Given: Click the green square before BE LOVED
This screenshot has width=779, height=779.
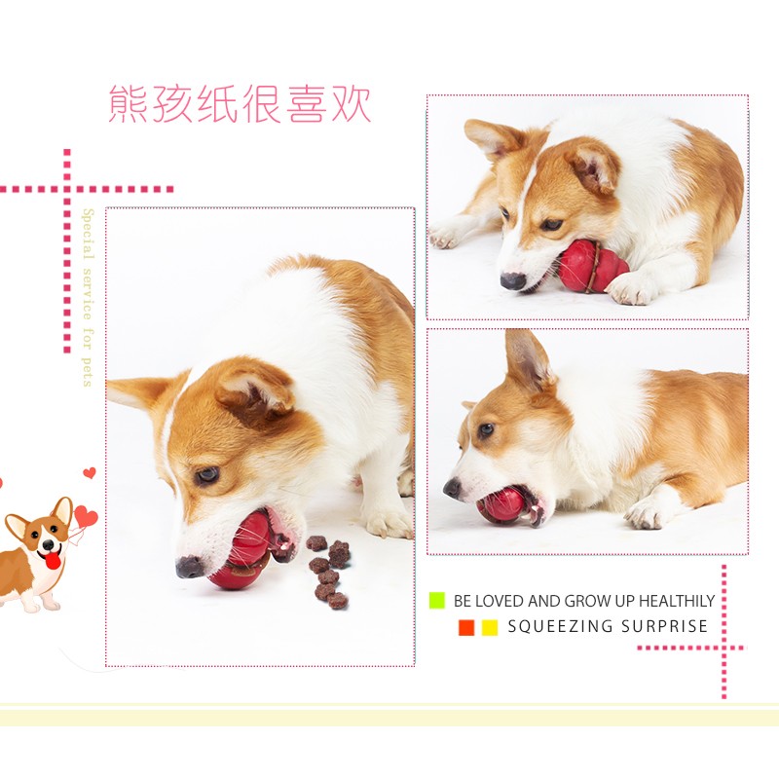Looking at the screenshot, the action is pyautogui.click(x=436, y=600).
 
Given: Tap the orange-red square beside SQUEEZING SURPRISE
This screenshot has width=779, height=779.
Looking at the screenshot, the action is pyautogui.click(x=466, y=627).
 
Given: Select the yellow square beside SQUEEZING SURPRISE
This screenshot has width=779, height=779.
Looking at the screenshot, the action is pyautogui.click(x=490, y=627).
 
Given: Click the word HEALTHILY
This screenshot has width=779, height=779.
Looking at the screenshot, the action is pyautogui.click(x=676, y=601).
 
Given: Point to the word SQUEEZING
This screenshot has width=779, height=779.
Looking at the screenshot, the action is pyautogui.click(x=560, y=626).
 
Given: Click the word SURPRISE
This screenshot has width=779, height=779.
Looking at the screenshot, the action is pyautogui.click(x=664, y=626).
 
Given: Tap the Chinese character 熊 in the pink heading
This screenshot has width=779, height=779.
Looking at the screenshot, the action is pyautogui.click(x=128, y=104).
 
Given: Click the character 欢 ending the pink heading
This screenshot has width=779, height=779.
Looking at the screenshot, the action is pyautogui.click(x=352, y=104).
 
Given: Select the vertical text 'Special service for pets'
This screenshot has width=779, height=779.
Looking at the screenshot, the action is pyautogui.click(x=88, y=297).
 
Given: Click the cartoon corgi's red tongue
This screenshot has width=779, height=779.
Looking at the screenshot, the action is pyautogui.click(x=54, y=561).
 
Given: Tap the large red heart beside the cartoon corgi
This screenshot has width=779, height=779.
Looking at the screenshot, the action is pyautogui.click(x=86, y=517).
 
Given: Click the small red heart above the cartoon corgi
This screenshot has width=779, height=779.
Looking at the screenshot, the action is pyautogui.click(x=90, y=472).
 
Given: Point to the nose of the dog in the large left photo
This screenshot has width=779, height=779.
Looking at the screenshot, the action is pyautogui.click(x=189, y=567).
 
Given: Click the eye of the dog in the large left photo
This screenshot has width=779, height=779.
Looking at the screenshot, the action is pyautogui.click(x=206, y=475).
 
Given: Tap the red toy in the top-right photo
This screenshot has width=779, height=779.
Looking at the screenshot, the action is pyautogui.click(x=592, y=265).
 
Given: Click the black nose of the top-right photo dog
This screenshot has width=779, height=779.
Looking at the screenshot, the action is pyautogui.click(x=512, y=281).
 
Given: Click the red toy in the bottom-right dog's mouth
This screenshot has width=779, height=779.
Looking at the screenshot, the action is pyautogui.click(x=506, y=505).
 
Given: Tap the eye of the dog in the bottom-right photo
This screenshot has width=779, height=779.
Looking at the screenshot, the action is pyautogui.click(x=486, y=429).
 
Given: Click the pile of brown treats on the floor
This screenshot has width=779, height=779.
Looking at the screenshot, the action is pyautogui.click(x=328, y=572).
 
